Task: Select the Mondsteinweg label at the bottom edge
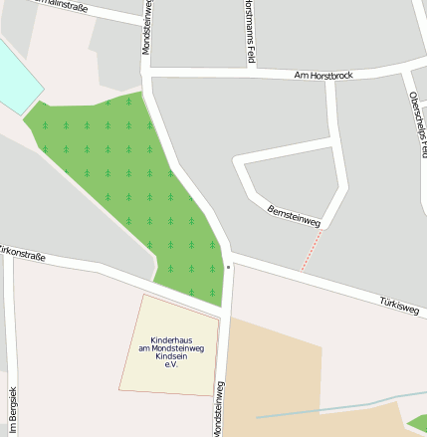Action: click(219, 408)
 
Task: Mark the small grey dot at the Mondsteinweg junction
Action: click(228, 267)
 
